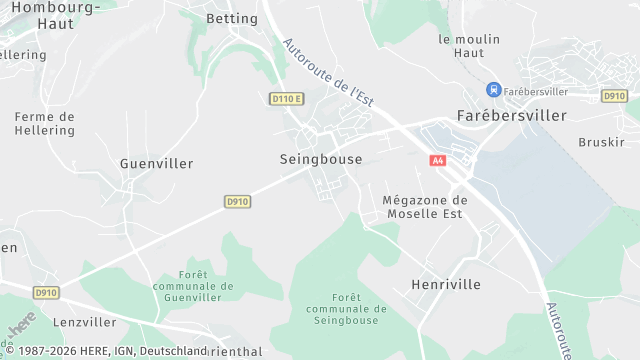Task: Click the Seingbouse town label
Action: coord(320,159)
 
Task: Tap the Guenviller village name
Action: coord(156,163)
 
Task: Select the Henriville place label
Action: coord(446,285)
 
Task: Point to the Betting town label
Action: coord(231,19)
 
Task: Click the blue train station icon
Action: coord(492,91)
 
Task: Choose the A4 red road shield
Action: coord(438,160)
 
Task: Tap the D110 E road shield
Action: coord(286,98)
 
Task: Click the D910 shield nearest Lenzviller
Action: coord(46,293)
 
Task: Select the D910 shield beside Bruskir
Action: coord(614,96)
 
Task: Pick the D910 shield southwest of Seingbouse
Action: coord(237,201)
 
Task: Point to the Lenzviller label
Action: coord(85,323)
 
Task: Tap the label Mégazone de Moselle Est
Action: coord(425,207)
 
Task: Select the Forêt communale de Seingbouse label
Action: coord(342,309)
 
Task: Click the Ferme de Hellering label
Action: coord(44,123)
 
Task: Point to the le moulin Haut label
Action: coord(468,46)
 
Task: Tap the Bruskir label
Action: coord(601,142)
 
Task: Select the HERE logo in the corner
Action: coord(21,328)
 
